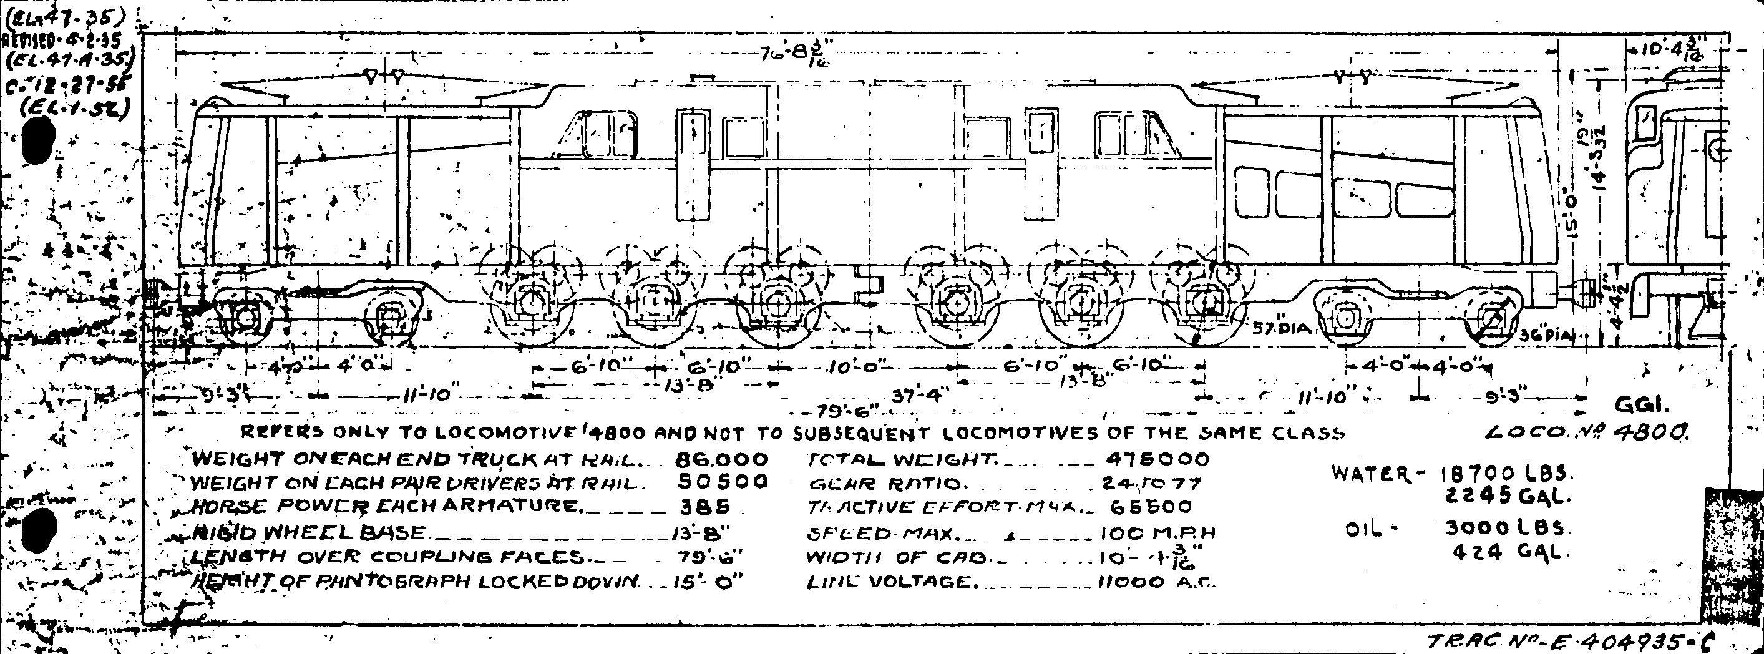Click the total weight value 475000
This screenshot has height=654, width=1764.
(1157, 459)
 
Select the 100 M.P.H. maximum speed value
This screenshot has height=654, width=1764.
(1157, 533)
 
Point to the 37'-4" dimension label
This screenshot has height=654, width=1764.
(922, 395)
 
